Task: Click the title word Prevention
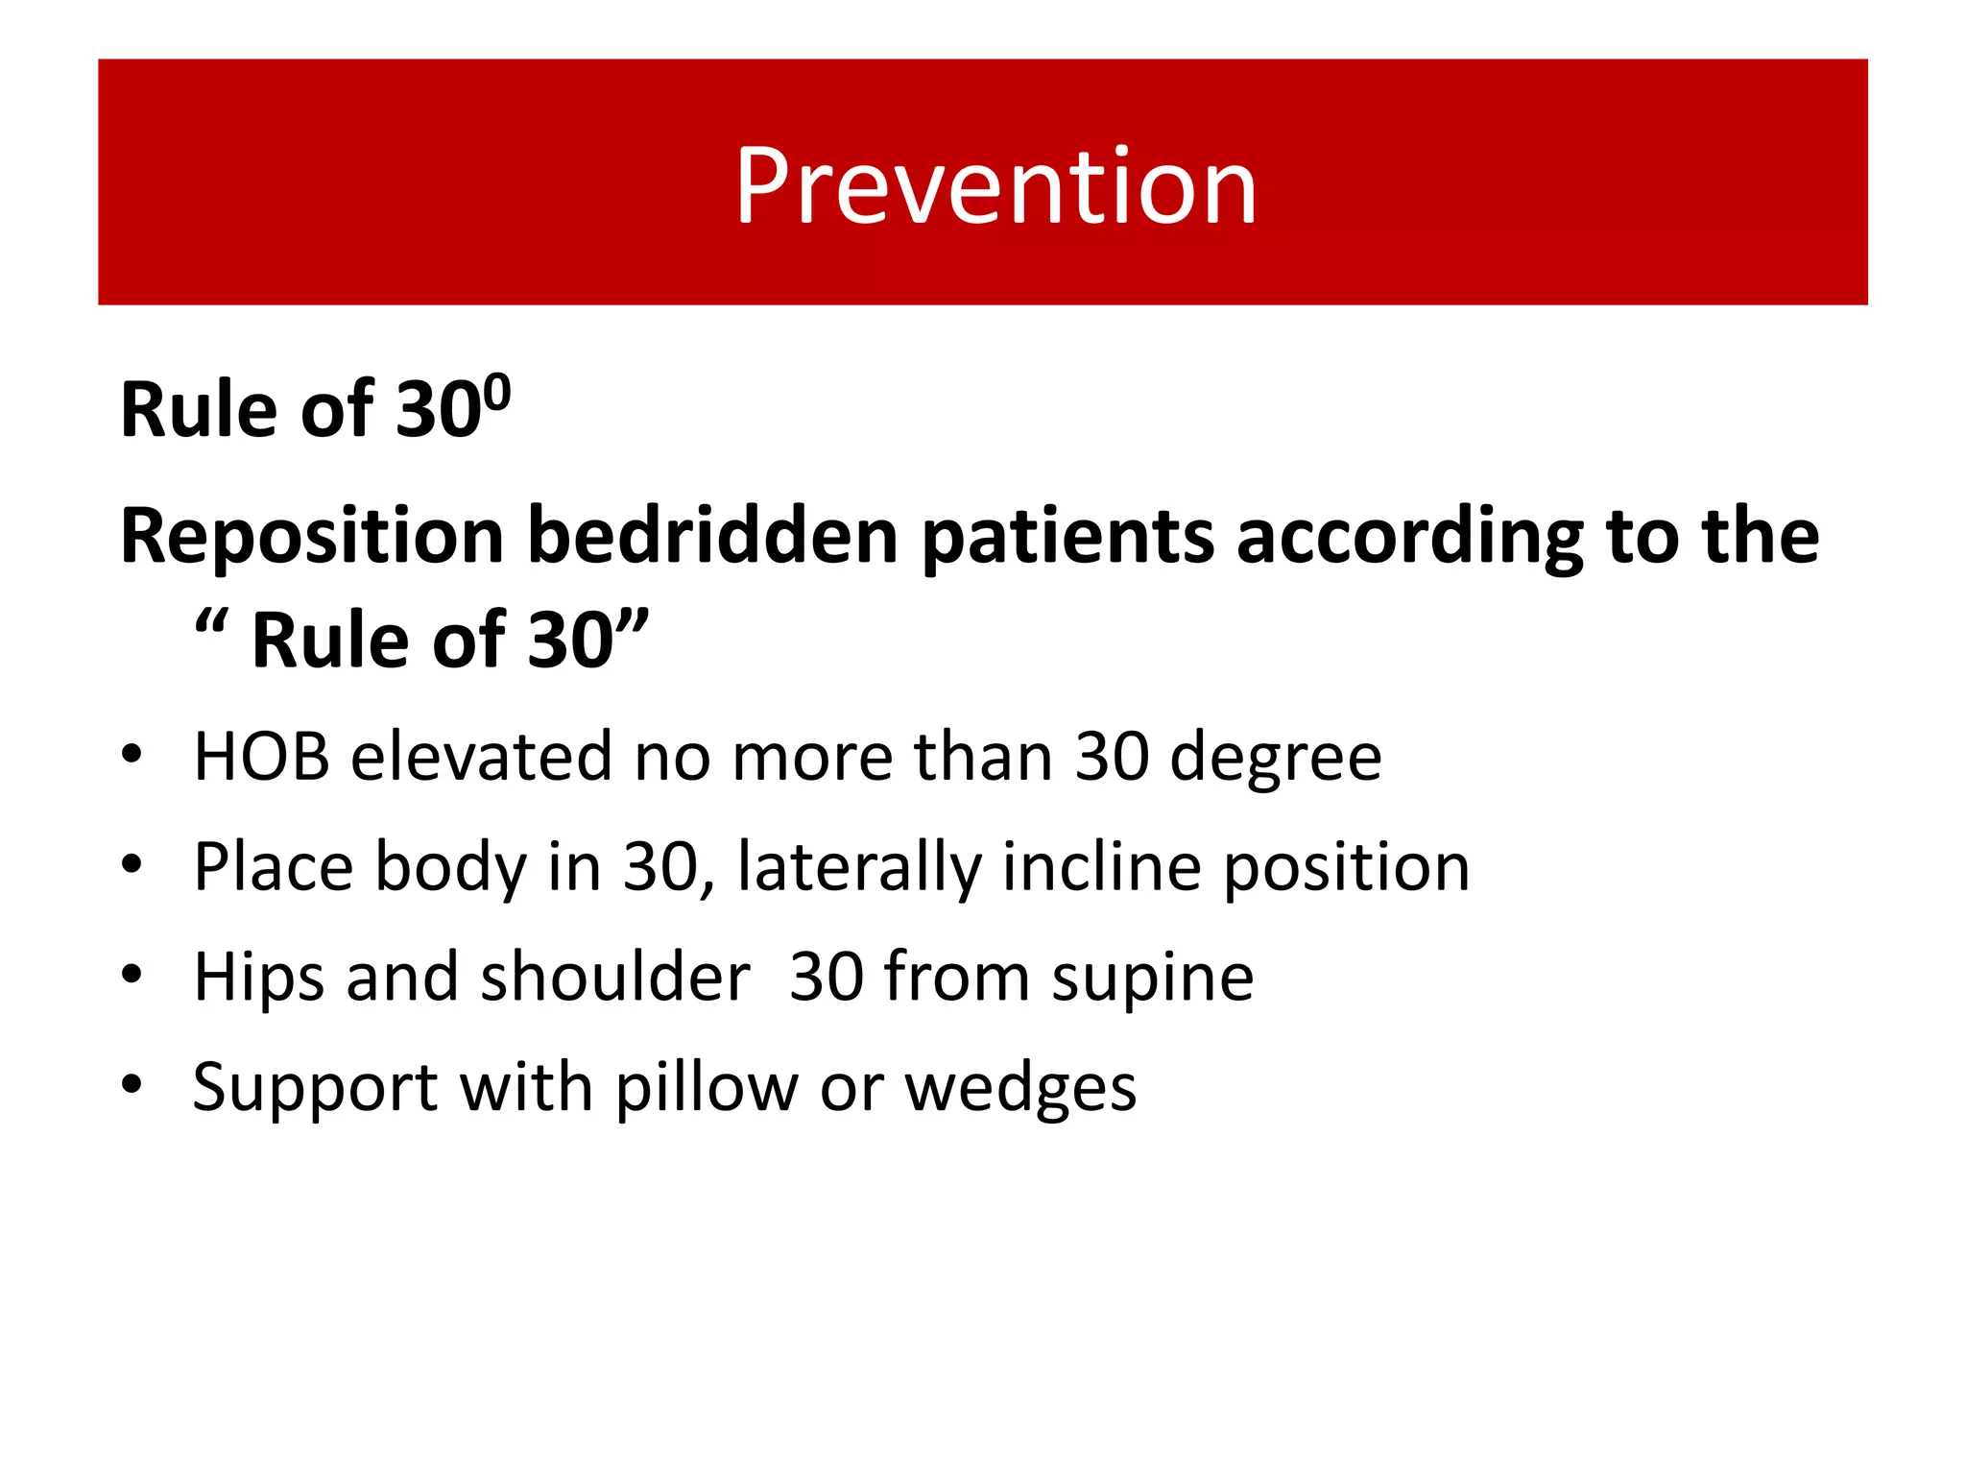point(995,186)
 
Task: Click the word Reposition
point(312,536)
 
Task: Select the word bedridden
point(712,536)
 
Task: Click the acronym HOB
point(261,757)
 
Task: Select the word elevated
point(481,757)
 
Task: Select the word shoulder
point(615,978)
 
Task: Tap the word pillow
point(707,1088)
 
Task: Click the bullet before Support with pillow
point(132,1085)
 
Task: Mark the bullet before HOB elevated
point(132,754)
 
